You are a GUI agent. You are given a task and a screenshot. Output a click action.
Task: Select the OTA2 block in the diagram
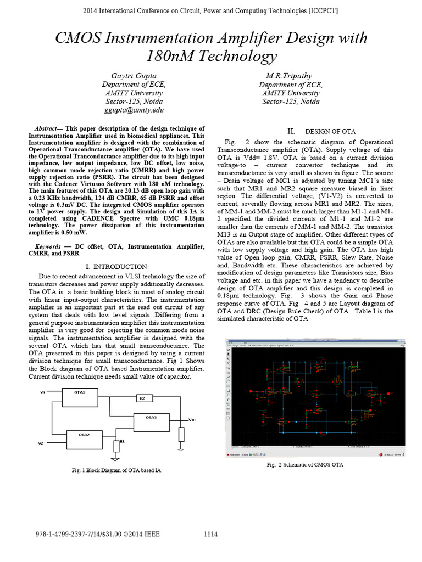(x=80, y=435)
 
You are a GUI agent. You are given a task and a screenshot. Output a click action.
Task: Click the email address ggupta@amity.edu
(x=134, y=110)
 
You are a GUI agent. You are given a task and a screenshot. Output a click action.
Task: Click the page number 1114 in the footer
(x=211, y=534)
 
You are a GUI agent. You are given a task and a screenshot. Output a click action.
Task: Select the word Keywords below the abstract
(x=48, y=247)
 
